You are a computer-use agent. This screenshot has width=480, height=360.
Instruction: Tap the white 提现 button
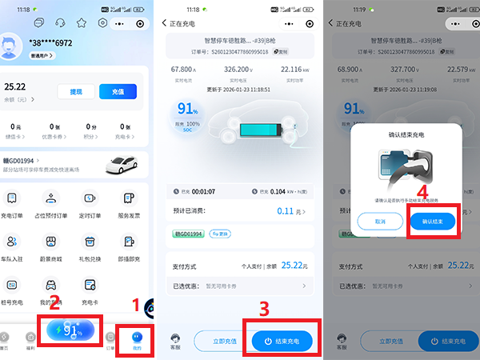76,92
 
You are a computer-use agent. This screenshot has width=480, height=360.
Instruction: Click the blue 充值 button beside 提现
118,92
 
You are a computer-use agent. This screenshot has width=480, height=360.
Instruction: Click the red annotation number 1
136,304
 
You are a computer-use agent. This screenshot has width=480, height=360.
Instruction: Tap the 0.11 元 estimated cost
285,211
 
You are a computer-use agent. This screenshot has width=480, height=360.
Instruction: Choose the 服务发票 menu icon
128,200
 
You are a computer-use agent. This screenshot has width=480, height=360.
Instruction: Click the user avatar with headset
10,45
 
